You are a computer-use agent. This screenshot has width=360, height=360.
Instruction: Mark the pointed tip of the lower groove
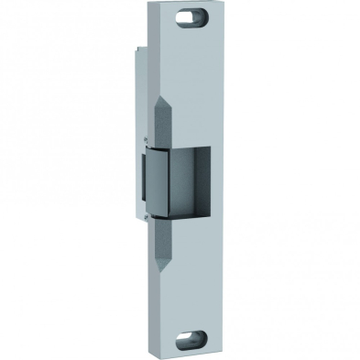[x=165, y=271]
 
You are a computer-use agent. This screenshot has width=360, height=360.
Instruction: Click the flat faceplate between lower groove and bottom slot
[x=193, y=298]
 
